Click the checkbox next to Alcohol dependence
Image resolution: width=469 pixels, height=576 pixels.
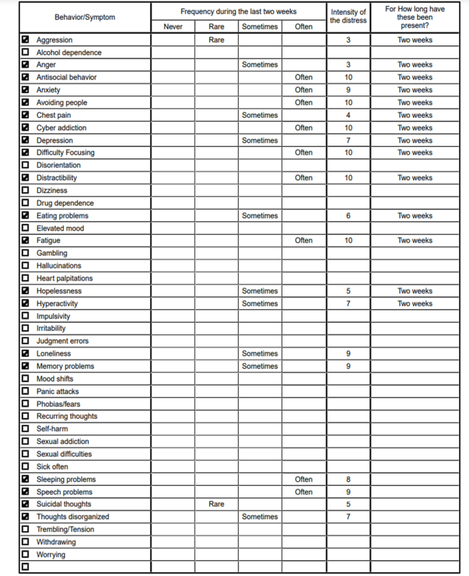point(25,52)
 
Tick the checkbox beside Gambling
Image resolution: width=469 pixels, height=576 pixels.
point(25,253)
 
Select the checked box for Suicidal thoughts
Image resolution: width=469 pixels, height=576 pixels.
point(25,504)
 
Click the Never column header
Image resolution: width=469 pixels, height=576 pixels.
point(173,27)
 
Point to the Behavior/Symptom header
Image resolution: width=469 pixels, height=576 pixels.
point(85,17)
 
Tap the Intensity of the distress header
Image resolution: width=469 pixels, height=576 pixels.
point(348,17)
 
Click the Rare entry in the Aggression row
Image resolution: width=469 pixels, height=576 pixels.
point(216,40)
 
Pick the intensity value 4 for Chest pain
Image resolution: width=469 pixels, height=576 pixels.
point(349,115)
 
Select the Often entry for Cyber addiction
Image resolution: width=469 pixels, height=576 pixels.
point(303,128)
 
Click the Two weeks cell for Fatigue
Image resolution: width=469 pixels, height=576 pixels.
point(415,241)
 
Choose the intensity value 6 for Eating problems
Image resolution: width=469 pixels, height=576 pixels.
point(349,216)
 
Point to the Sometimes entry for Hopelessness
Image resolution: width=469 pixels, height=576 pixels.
point(260,291)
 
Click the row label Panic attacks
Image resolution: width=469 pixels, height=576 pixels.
point(57,391)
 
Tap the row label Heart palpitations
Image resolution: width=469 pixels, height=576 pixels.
point(64,278)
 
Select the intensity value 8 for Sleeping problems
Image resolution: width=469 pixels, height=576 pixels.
point(349,479)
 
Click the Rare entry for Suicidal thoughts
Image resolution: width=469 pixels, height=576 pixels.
point(216,504)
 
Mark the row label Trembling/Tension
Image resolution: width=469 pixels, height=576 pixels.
point(65,530)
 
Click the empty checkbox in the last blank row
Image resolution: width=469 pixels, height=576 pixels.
point(25,567)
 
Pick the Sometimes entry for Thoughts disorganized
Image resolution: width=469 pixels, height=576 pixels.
point(260,517)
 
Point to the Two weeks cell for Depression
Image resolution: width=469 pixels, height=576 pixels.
point(415,141)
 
